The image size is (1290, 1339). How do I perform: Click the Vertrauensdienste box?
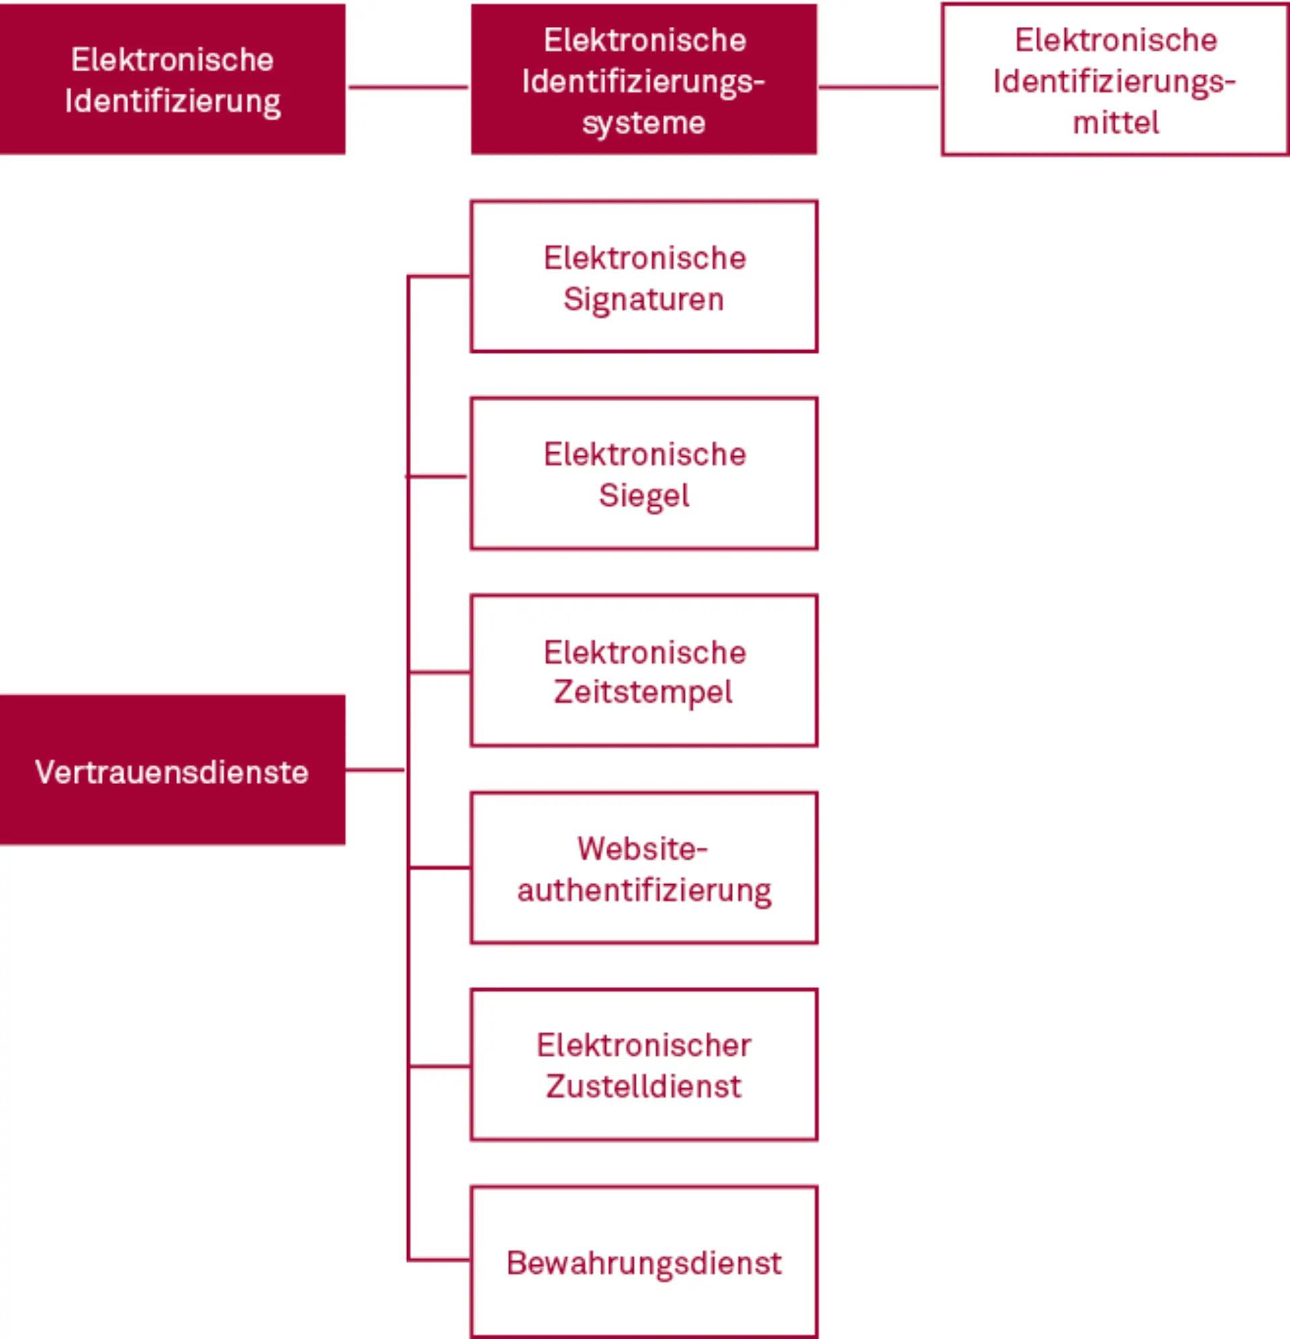pos(172,770)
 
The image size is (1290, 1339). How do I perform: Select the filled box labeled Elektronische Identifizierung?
pos(172,79)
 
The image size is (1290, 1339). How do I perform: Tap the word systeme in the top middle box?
pos(644,123)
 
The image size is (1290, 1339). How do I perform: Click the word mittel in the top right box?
pos(1115,123)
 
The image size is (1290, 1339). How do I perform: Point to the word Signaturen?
pos(644,300)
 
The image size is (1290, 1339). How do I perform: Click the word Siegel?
pos(644,495)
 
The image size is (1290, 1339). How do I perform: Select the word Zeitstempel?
pos(644,692)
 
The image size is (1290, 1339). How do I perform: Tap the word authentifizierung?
pos(644,891)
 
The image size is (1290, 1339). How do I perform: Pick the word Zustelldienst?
pos(644,1087)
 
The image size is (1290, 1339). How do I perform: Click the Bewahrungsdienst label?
pos(644,1263)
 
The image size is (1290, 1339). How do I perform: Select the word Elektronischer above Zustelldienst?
pos(644,1045)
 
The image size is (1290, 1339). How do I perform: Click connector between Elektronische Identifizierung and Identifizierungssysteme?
pos(408,87)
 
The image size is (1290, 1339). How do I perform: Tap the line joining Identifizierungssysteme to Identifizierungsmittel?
pos(879,87)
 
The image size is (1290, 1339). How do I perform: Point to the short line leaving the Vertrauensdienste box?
pos(374,770)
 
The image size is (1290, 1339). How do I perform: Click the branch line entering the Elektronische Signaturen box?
pos(439,276)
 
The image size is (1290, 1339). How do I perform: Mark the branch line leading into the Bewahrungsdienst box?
pos(439,1259)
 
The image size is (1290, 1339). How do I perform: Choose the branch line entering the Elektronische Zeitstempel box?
pos(439,673)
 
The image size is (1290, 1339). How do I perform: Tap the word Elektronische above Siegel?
pos(644,454)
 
